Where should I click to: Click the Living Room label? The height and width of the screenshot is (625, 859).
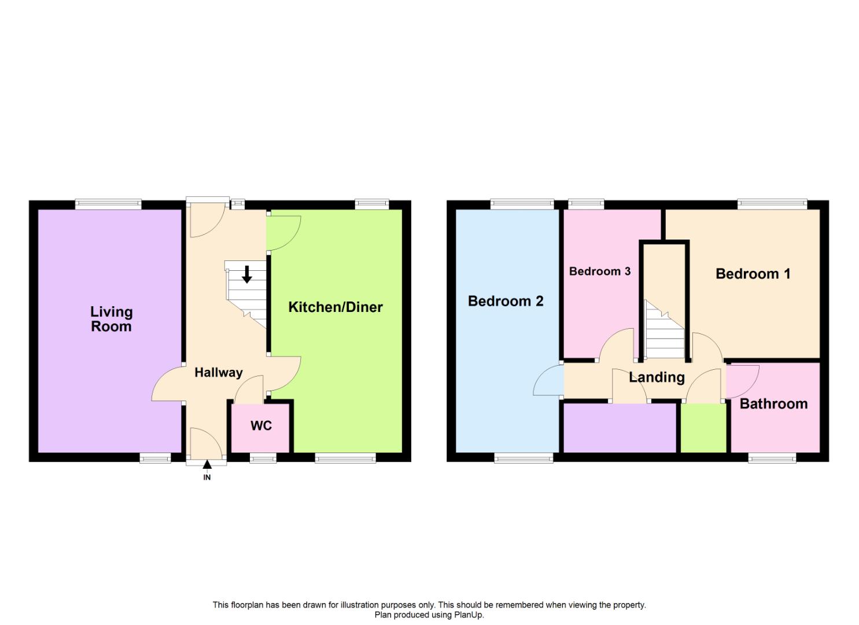click(111, 319)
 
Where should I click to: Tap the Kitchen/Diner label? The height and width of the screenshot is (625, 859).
click(336, 307)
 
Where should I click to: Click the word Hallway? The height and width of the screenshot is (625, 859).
click(218, 373)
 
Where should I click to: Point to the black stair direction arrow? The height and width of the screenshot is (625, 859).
click(247, 274)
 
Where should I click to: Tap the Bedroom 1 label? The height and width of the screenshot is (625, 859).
click(753, 274)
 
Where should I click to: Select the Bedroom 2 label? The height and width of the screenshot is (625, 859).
click(506, 301)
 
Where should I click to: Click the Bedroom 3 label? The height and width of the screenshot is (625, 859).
click(600, 271)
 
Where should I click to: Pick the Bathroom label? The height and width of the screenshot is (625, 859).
click(773, 404)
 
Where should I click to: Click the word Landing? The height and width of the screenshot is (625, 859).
click(657, 378)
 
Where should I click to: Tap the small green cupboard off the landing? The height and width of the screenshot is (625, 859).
click(703, 428)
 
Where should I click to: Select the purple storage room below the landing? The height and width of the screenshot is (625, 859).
click(620, 428)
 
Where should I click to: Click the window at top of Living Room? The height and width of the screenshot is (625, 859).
click(108, 204)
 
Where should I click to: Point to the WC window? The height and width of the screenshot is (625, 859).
click(263, 458)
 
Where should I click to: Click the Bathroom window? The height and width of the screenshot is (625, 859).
click(772, 458)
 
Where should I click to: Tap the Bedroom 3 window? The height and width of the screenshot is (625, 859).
click(586, 204)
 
